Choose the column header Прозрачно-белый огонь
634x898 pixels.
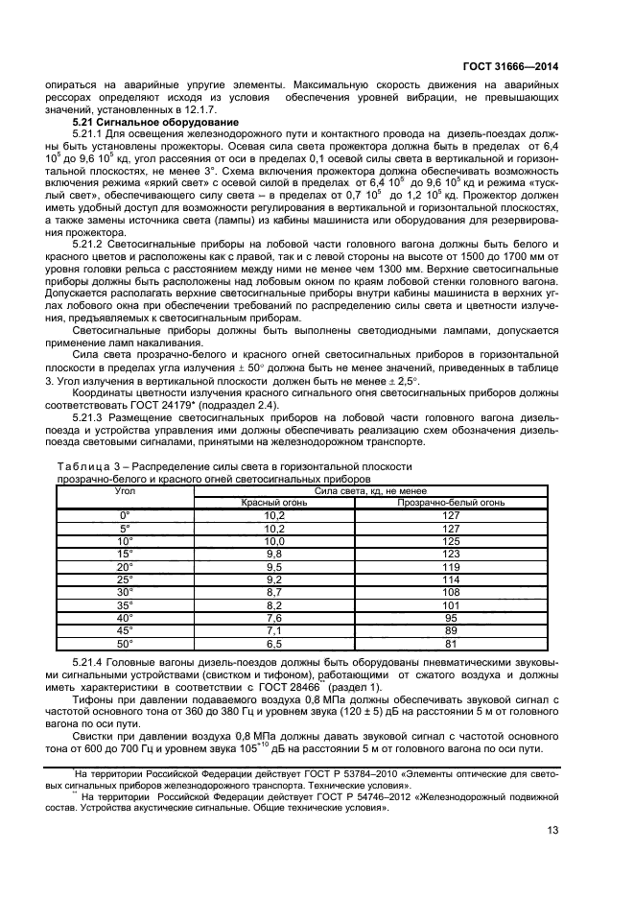pyautogui.click(x=447, y=502)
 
